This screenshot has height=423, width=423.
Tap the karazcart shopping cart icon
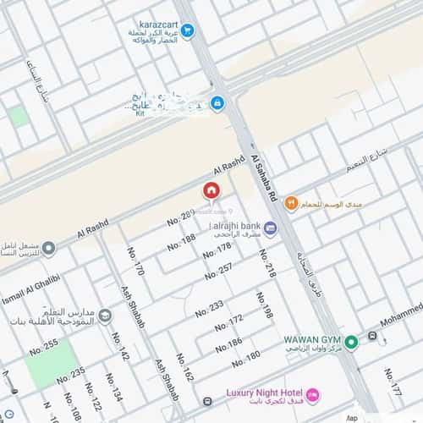pos(187,30)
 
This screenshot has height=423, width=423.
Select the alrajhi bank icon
pos(270,228)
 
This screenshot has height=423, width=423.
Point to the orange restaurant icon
pos(291,203)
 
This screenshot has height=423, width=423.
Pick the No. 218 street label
pos(268,264)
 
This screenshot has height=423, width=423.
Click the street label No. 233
pos(210,308)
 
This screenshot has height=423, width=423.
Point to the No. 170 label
pos(136,261)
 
